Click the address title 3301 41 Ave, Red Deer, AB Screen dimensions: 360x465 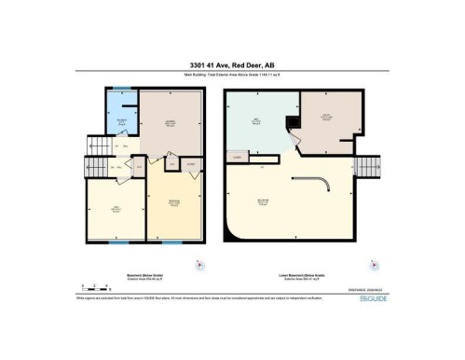(232, 64)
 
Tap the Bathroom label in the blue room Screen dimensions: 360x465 (120, 121)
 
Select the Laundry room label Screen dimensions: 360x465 (171, 123)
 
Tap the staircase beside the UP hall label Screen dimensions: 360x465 (95, 145)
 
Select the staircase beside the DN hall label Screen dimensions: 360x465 (96, 168)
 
